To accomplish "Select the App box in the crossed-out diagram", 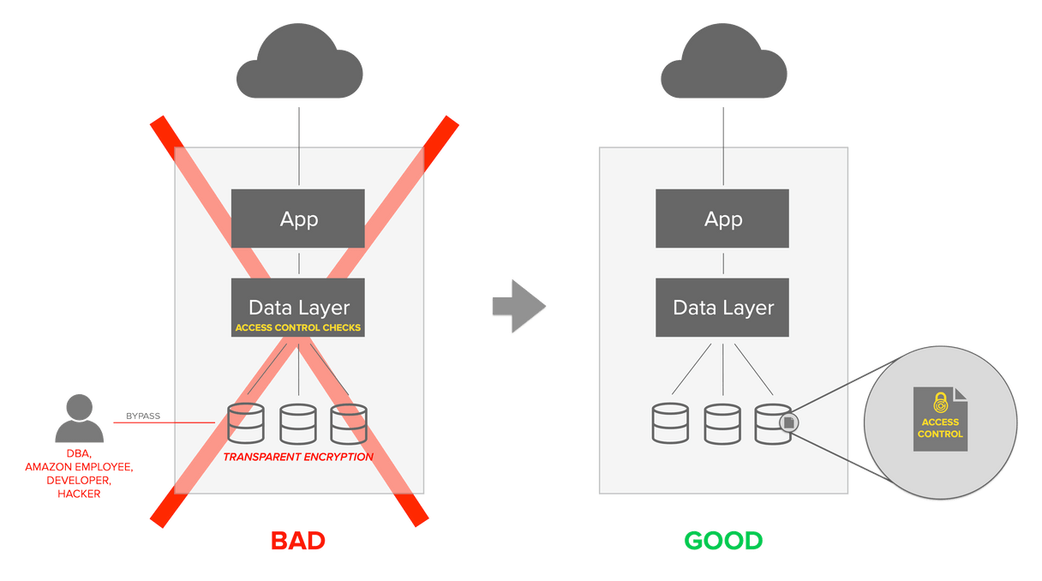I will click(x=298, y=219).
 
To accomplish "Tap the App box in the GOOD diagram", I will click(x=723, y=219).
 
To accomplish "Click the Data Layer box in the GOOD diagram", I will click(x=723, y=307).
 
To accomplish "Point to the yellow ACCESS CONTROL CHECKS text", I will click(x=298, y=327).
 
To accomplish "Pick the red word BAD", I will click(x=298, y=541).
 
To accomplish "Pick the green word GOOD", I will click(x=723, y=541).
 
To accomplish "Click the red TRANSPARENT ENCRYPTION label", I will click(x=298, y=457).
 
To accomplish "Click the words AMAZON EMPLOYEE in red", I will click(x=79, y=466).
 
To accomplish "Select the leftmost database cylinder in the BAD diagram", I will click(x=246, y=422).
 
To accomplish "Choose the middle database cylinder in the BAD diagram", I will click(x=297, y=422).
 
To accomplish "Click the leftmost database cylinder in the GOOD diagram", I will click(x=670, y=422).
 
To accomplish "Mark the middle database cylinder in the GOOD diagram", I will click(x=722, y=422).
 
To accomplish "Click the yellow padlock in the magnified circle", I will click(x=940, y=402).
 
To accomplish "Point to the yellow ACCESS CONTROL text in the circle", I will click(x=940, y=428).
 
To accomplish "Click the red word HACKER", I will click(x=79, y=494).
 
